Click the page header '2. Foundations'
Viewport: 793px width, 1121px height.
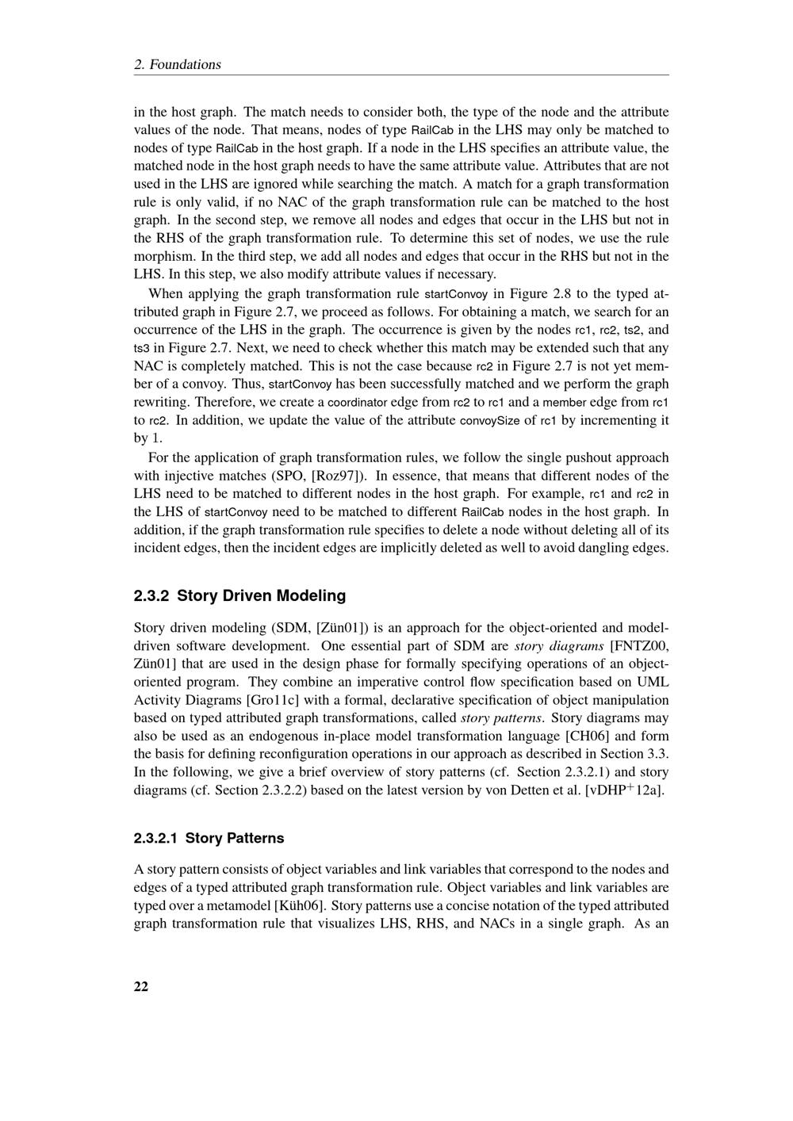point(178,64)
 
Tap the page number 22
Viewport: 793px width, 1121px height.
point(141,986)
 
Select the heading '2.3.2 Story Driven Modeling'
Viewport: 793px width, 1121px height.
point(240,595)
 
